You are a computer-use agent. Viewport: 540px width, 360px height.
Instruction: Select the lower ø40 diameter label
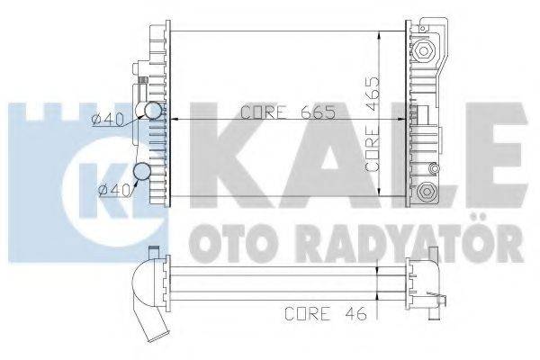(113, 188)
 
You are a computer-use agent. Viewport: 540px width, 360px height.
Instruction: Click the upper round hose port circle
(155, 112)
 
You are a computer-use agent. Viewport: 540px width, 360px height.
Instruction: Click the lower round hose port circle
(142, 173)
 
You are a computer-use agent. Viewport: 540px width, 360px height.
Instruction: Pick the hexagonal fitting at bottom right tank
(427, 191)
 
